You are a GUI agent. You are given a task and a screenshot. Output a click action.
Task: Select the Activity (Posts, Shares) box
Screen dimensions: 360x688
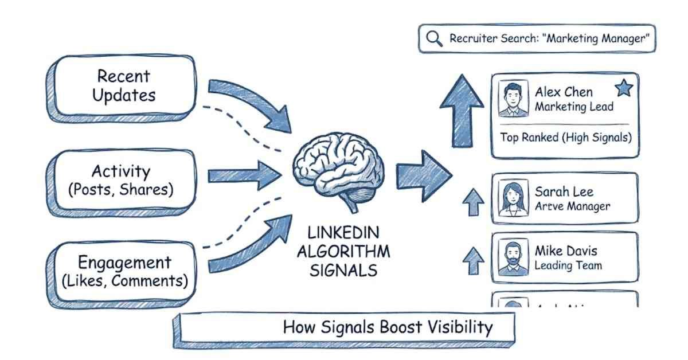[120, 180]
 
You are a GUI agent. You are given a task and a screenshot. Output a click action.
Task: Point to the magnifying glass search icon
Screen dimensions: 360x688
[434, 38]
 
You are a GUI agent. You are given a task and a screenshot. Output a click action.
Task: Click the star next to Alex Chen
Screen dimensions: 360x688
[623, 88]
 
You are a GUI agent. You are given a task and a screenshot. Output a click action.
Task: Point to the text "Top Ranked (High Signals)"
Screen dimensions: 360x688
[565, 138]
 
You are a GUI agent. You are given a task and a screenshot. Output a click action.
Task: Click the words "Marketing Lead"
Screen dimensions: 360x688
[574, 107]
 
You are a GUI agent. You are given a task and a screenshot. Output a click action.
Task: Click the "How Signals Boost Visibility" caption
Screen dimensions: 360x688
[388, 327]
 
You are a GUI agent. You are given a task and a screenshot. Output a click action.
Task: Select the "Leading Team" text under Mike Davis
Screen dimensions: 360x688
[568, 265]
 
